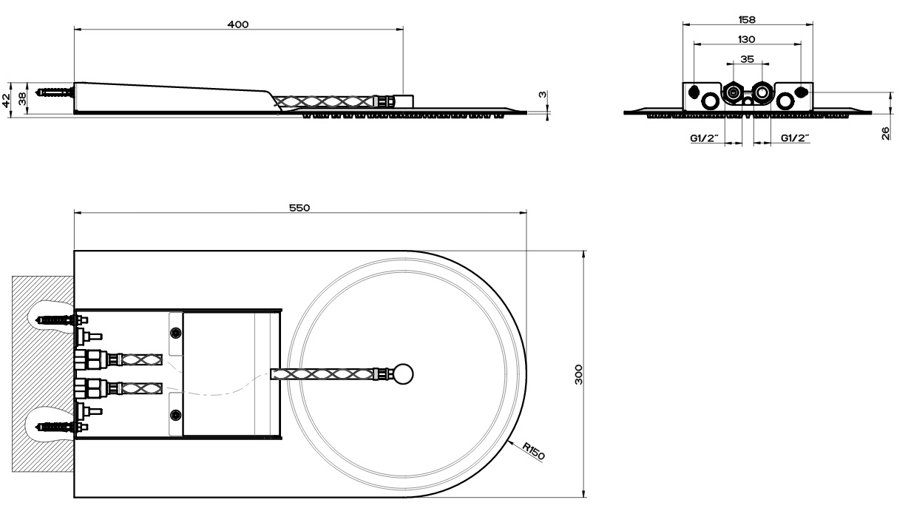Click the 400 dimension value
click(x=238, y=24)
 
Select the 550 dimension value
click(x=299, y=208)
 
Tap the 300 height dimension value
click(x=578, y=374)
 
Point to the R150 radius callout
click(x=533, y=451)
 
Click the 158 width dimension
click(x=747, y=19)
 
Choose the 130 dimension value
click(x=747, y=39)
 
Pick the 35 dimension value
click(x=747, y=59)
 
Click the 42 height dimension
click(x=6, y=100)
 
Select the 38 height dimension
click(x=22, y=99)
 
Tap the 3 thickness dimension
click(x=542, y=95)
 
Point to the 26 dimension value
click(x=885, y=133)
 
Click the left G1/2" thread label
click(x=705, y=138)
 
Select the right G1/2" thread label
click(x=795, y=138)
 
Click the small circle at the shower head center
click(x=404, y=374)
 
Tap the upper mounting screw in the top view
click(x=176, y=333)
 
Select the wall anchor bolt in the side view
click(x=55, y=92)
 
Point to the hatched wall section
click(x=43, y=374)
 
